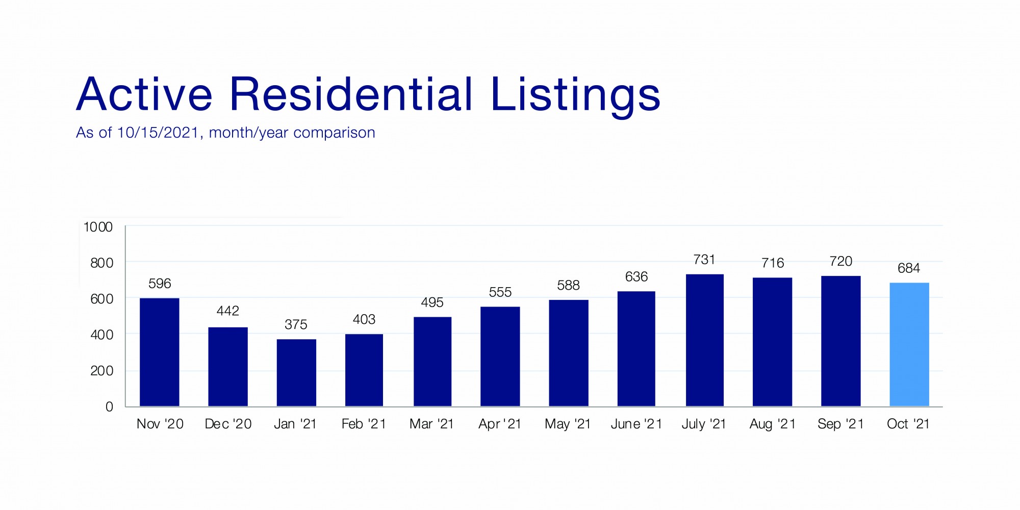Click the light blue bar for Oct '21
(x=909, y=345)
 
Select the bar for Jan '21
(x=296, y=373)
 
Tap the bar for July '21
(x=704, y=340)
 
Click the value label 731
(x=704, y=260)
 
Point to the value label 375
(x=296, y=324)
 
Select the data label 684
(x=909, y=268)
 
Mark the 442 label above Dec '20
(x=227, y=311)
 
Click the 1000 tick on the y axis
(x=98, y=227)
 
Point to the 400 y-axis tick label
(x=101, y=335)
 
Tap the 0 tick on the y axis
(x=109, y=406)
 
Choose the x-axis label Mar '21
(x=431, y=424)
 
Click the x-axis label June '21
(x=636, y=424)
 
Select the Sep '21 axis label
(x=840, y=424)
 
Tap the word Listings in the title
(x=575, y=96)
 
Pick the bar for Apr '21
(x=500, y=356)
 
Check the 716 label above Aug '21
(x=773, y=263)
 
